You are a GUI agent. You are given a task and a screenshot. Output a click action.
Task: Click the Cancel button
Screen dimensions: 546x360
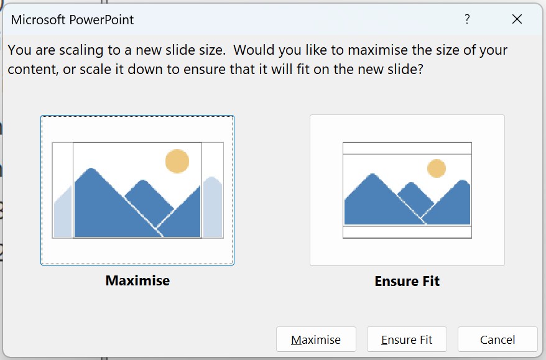[497, 339]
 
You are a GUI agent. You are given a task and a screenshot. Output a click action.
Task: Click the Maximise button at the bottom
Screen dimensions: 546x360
[316, 339]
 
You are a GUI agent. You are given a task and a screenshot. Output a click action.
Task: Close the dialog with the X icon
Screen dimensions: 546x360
[517, 19]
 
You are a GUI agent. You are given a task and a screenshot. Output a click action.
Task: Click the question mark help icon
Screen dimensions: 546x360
[467, 19]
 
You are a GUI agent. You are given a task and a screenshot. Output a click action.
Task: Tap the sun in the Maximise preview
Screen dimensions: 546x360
[177, 161]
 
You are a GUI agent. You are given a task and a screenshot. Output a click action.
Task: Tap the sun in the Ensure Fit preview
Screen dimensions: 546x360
[437, 168]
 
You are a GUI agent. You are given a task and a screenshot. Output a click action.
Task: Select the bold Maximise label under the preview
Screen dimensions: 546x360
[137, 280]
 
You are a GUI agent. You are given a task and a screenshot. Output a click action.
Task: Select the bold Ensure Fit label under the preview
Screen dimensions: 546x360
[407, 281]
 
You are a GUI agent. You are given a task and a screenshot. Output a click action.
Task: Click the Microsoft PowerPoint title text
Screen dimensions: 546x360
[72, 20]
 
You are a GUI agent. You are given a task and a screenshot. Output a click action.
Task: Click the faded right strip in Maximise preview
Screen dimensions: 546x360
[213, 207]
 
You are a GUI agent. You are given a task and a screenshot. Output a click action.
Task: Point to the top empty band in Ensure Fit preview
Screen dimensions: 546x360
[407, 149]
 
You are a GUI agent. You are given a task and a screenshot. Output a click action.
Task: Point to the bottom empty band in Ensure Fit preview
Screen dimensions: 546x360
[407, 232]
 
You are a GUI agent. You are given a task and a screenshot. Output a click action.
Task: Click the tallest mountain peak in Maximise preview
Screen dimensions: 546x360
[91, 170]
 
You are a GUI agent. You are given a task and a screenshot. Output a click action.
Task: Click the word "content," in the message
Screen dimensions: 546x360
[33, 70]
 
